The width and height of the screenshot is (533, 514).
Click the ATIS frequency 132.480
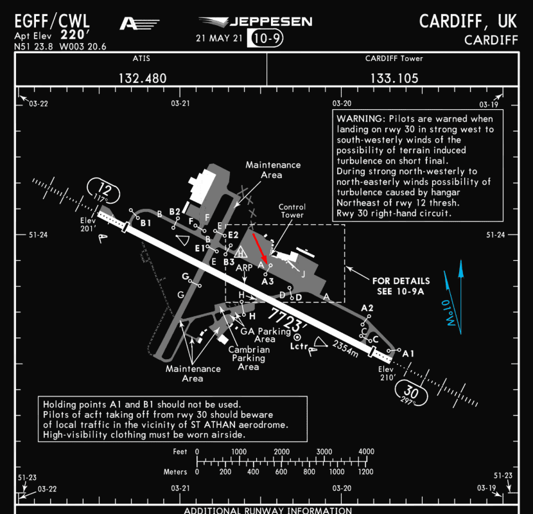coord(142,78)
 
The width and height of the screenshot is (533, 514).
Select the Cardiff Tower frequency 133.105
coord(394,78)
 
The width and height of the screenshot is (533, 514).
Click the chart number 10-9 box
coord(265,38)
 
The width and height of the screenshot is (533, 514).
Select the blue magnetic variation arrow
coord(460,292)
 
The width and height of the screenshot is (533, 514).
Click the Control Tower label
coord(292,211)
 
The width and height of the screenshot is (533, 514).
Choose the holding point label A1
coord(408,353)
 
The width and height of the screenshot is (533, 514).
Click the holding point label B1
coord(146,223)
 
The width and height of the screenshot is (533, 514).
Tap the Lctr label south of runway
coord(299,346)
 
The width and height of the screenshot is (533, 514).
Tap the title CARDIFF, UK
coord(468,21)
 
